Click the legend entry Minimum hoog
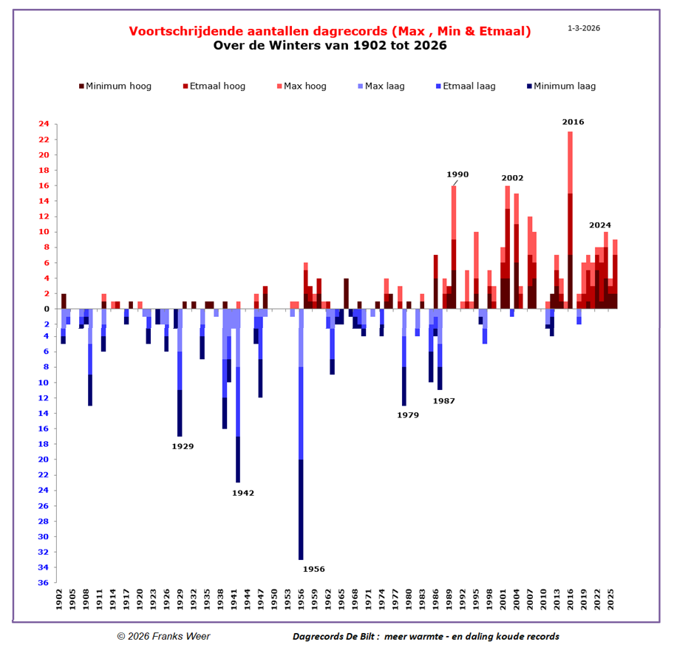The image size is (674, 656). point(118,86)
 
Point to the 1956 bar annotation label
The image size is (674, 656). point(313,569)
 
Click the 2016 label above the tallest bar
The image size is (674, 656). point(573,121)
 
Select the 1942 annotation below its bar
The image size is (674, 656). point(242,493)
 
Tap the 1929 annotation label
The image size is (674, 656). point(183,446)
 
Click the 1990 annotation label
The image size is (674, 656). point(457,174)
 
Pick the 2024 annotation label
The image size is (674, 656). point(600,225)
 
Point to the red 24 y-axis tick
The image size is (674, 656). point(44,124)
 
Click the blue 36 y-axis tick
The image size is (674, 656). point(44,583)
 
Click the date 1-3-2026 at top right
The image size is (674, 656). point(584,28)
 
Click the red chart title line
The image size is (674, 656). point(330,31)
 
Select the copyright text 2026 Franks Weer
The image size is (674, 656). point(163,636)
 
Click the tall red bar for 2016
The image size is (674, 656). point(570,222)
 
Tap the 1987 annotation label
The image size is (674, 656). point(443,400)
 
